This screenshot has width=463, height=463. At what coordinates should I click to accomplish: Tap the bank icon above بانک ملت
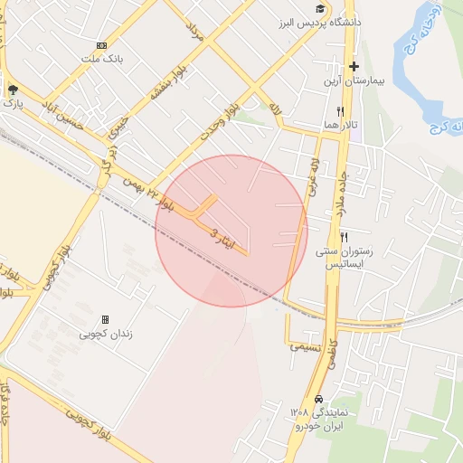point(101,45)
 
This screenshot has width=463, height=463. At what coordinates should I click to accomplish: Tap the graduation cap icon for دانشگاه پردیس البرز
point(322,7)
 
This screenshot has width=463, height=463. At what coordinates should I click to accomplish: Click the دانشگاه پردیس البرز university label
point(333,21)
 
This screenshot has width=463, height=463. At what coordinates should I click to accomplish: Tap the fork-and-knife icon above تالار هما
point(340,110)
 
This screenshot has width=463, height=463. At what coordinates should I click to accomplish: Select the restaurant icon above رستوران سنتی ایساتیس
point(343,237)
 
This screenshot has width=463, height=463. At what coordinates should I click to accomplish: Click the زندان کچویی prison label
point(107,333)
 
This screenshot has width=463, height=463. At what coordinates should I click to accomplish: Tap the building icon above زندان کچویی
point(106,319)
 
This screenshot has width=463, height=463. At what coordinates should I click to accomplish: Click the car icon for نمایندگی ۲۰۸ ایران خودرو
point(318,399)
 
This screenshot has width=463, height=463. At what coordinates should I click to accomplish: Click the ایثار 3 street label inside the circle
point(227,240)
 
